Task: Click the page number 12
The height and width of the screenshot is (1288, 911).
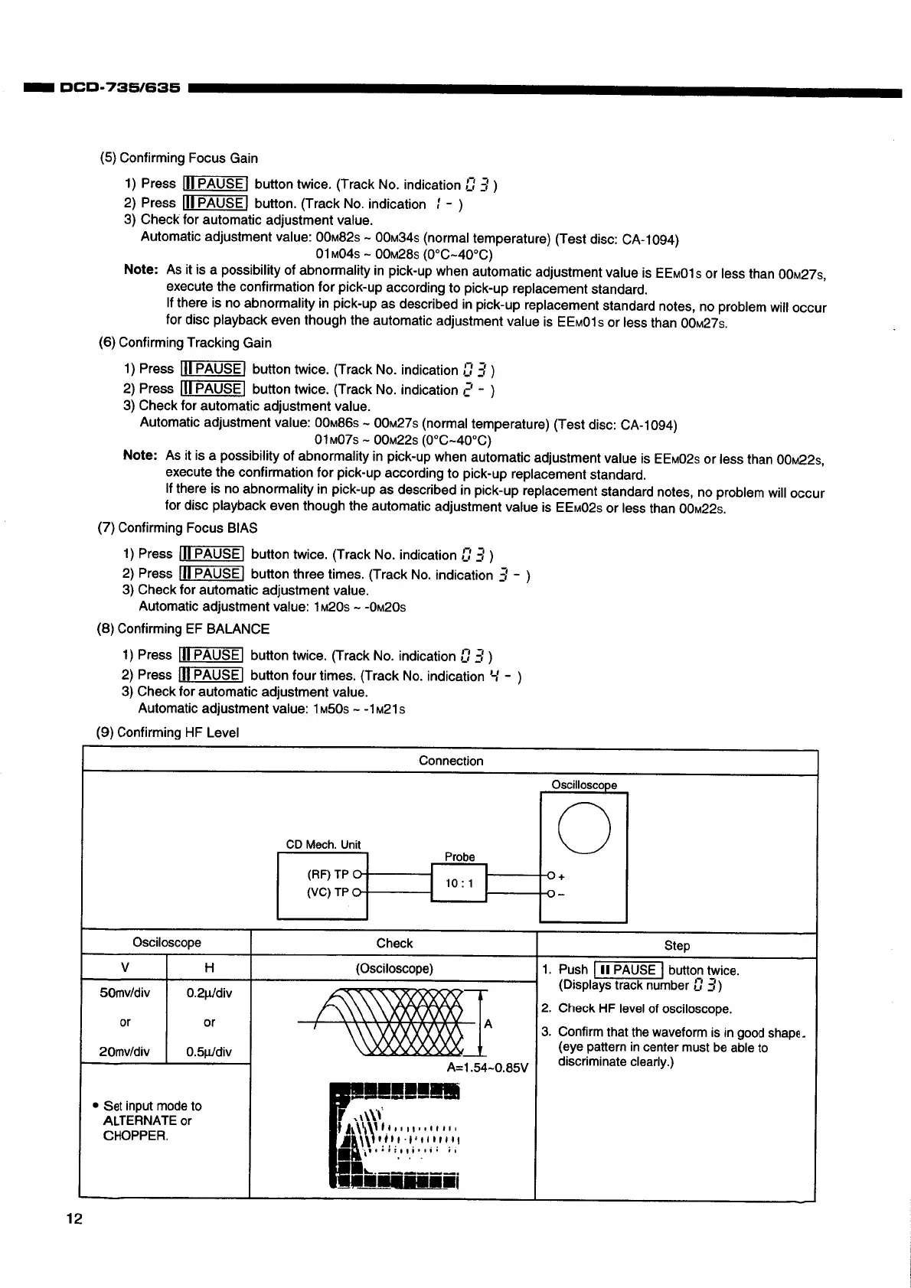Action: pyautogui.click(x=73, y=1219)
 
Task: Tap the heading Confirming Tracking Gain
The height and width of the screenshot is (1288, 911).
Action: pyautogui.click(x=194, y=343)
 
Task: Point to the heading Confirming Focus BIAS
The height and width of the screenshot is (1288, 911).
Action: pyautogui.click(x=188, y=528)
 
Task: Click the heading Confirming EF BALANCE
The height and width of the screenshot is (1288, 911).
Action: pyautogui.click(x=193, y=629)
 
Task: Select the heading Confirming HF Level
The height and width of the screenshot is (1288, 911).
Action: pyautogui.click(x=178, y=732)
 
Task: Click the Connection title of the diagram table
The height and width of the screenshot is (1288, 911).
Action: pyautogui.click(x=451, y=761)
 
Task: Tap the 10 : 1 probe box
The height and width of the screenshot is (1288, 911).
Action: pyautogui.click(x=459, y=884)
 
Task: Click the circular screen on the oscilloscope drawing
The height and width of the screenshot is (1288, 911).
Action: pyautogui.click(x=584, y=827)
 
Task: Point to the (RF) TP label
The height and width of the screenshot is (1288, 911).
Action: pyautogui.click(x=328, y=874)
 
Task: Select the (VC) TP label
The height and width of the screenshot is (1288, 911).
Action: pyautogui.click(x=328, y=892)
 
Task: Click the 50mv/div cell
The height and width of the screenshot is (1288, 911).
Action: pyautogui.click(x=125, y=993)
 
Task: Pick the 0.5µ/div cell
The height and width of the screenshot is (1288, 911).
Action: pyautogui.click(x=209, y=1052)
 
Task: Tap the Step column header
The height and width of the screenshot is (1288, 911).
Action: pyautogui.click(x=677, y=945)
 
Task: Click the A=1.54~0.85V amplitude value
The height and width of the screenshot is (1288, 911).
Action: pyautogui.click(x=487, y=1068)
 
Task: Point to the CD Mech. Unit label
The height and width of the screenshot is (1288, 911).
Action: pyautogui.click(x=323, y=845)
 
